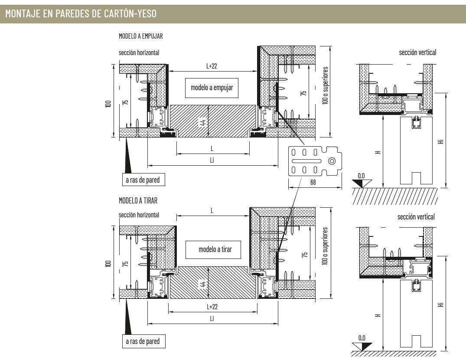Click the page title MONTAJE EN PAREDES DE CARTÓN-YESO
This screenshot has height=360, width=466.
click(x=81, y=13)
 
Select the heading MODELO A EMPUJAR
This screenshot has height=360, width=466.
click(x=141, y=36)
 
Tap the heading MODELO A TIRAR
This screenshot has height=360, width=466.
click(x=138, y=201)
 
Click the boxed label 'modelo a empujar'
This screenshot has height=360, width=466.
click(x=212, y=88)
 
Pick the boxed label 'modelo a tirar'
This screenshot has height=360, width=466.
click(x=213, y=250)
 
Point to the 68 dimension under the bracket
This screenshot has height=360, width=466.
click(x=313, y=182)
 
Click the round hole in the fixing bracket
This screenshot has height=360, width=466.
click(x=332, y=161)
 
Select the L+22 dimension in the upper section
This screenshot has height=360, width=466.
click(x=212, y=66)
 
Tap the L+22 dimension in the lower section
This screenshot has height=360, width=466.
click(x=212, y=307)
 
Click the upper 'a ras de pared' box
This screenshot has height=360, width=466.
click(x=143, y=180)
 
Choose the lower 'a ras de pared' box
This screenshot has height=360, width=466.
click(x=144, y=341)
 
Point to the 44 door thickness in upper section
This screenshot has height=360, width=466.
click(x=203, y=121)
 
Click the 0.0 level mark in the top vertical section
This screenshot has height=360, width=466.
click(x=361, y=176)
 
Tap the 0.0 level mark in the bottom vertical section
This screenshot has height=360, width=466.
click(x=362, y=338)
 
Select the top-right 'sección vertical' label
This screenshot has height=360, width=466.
click(x=417, y=52)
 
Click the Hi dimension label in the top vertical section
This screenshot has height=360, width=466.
click(x=441, y=141)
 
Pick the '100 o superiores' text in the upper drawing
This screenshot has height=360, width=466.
click(x=325, y=85)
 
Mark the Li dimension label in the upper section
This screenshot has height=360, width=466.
click(x=212, y=160)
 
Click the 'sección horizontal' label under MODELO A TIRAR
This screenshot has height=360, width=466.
click(x=139, y=215)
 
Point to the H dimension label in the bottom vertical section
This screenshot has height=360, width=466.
click(x=378, y=315)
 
